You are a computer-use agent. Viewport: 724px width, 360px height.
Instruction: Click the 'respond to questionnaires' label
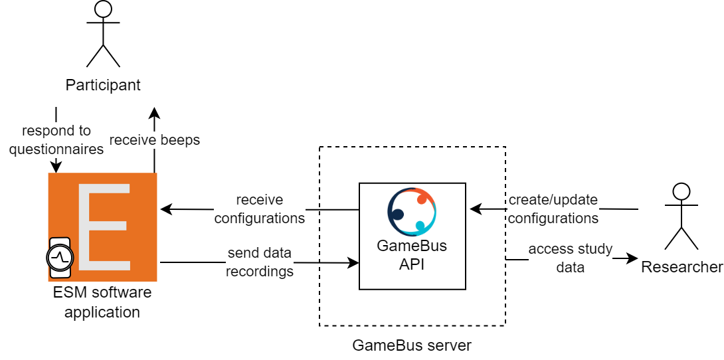click(x=56, y=140)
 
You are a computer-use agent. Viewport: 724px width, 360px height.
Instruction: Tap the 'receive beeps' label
click(x=154, y=140)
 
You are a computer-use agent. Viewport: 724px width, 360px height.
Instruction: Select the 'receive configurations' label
click(x=260, y=209)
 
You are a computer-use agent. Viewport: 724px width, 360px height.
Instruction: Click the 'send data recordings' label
click(x=260, y=262)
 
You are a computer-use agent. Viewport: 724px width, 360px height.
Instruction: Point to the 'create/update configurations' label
click(x=553, y=209)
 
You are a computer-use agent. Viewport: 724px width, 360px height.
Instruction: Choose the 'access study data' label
click(x=570, y=258)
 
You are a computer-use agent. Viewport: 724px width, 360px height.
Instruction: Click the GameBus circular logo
click(x=412, y=212)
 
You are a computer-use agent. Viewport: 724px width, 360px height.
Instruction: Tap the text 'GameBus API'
click(x=412, y=255)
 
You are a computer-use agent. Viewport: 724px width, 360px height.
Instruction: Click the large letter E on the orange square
click(x=103, y=226)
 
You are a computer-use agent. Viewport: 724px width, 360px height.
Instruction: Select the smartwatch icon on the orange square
click(x=60, y=257)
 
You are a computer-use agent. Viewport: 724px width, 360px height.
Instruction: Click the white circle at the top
click(x=103, y=9)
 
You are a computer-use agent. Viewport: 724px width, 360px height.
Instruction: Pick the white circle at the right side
click(x=681, y=191)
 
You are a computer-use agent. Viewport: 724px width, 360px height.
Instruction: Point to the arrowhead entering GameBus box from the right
click(x=475, y=209)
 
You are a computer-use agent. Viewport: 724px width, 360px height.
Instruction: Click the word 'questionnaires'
click(x=56, y=149)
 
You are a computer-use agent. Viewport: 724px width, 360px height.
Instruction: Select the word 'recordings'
click(x=260, y=272)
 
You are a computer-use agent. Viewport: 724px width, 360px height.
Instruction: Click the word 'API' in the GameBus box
click(x=412, y=264)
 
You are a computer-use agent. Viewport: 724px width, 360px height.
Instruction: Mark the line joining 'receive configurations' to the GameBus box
click(x=339, y=210)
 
